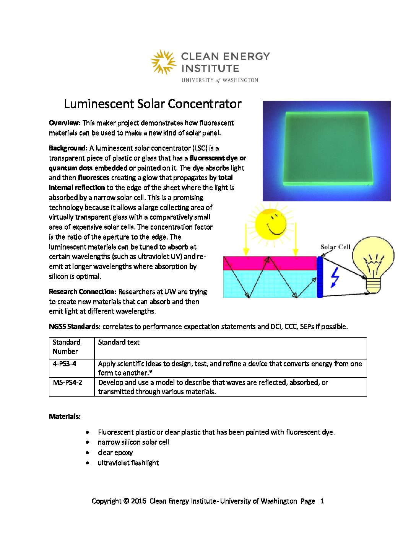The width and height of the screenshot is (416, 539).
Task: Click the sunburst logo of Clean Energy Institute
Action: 163,62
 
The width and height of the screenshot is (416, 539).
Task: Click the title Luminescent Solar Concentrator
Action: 153,104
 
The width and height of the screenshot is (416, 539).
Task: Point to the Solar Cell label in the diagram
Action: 335,247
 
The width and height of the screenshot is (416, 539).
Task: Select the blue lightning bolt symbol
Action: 335,276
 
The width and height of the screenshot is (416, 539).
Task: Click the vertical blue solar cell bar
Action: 320,277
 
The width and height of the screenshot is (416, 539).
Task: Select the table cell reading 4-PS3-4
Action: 65,364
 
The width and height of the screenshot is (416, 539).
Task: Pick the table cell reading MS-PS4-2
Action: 67,382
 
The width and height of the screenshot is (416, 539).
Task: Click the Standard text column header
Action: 119,342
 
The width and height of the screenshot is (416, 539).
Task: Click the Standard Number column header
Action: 66,347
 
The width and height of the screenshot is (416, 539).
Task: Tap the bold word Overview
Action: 64,123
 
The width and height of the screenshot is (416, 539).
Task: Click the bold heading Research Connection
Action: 82,292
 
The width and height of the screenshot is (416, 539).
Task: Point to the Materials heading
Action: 65,416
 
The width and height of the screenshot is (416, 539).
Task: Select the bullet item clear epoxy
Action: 115,452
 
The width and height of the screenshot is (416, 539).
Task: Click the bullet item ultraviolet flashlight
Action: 128,463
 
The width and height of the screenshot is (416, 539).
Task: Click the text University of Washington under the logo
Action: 220,80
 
